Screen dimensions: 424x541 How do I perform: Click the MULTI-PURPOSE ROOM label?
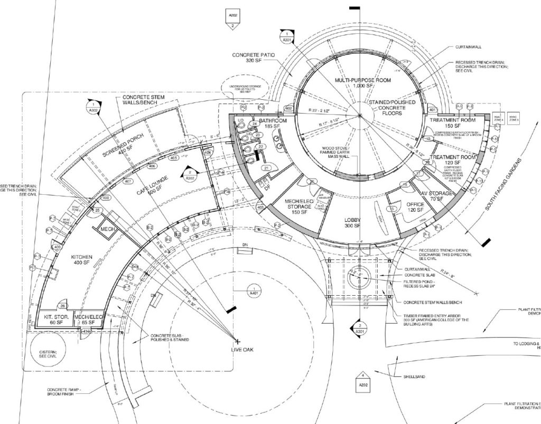[360, 83]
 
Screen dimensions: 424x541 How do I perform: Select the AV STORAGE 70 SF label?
[436, 196]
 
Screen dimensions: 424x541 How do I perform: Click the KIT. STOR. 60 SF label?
[53, 318]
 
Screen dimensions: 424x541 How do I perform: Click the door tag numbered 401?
[432, 110]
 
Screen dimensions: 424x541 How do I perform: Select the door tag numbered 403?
[260, 208]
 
